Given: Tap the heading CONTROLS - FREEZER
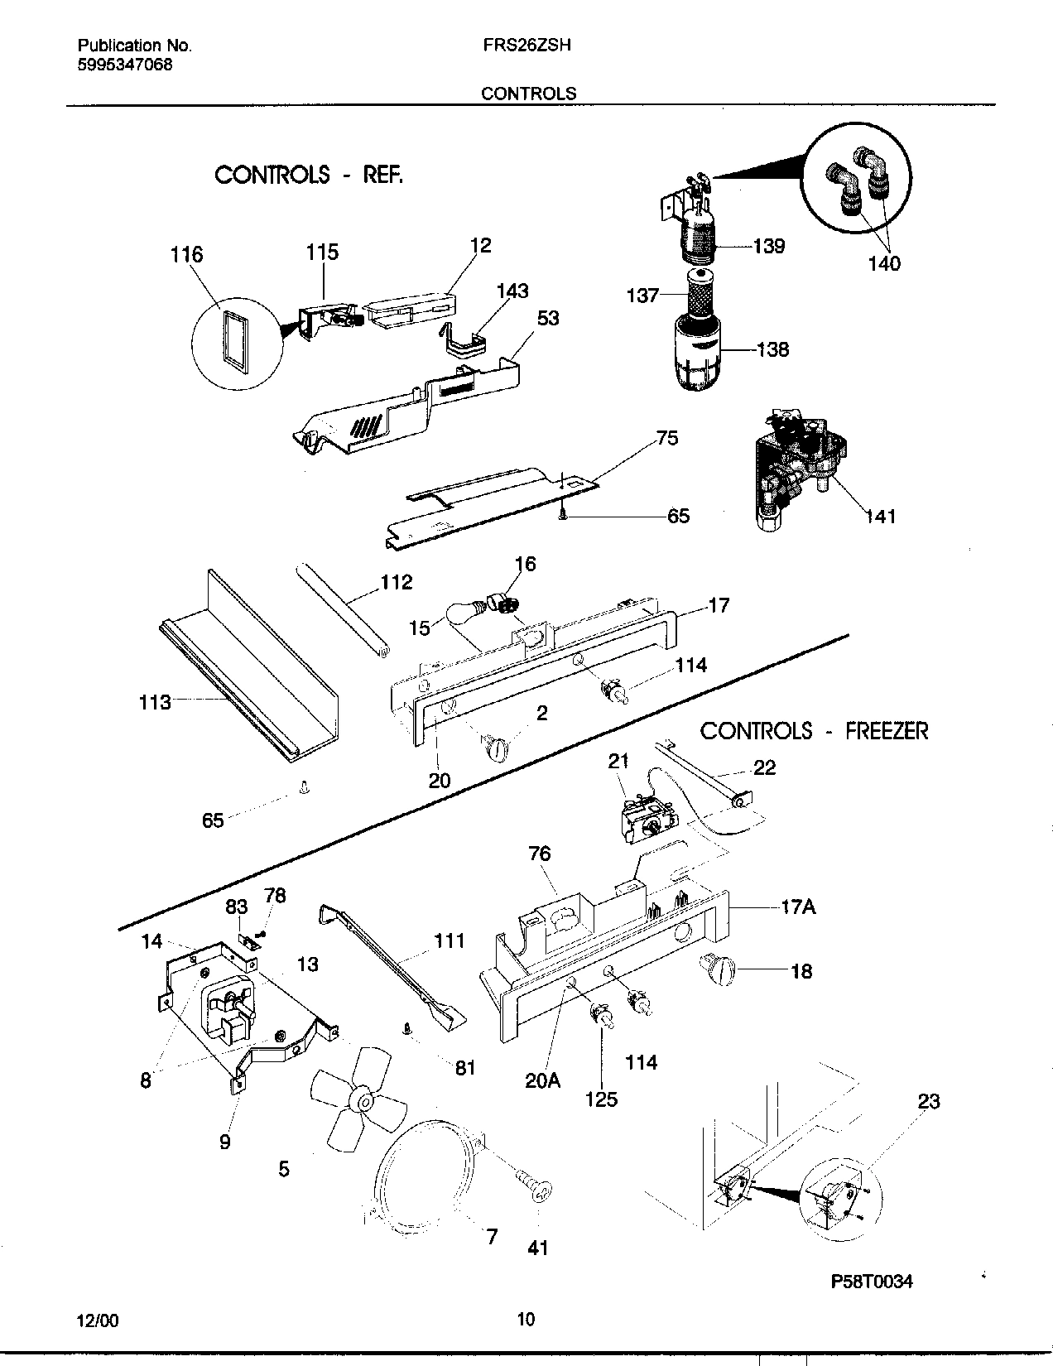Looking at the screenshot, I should (x=814, y=731).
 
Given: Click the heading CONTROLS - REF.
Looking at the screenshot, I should (x=309, y=175).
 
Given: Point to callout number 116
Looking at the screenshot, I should (x=186, y=254).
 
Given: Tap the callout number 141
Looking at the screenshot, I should (x=880, y=516).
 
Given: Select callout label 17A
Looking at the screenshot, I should (x=798, y=907).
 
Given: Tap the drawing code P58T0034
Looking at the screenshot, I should (x=871, y=1282).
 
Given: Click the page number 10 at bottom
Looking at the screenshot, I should (x=525, y=1320).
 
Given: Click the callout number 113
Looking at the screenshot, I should (x=155, y=702).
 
